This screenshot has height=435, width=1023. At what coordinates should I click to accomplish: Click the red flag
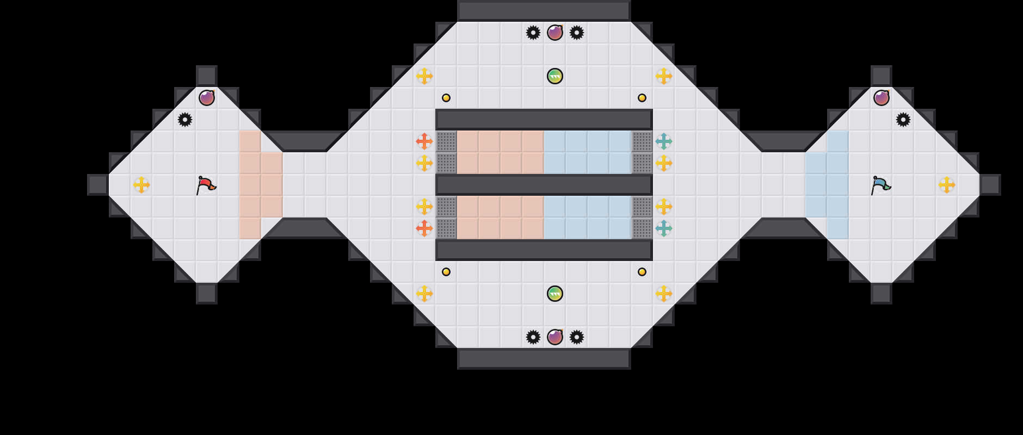tap(206, 185)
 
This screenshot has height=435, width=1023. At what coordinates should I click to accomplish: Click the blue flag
tap(880, 185)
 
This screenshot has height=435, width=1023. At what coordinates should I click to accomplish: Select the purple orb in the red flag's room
tap(207, 98)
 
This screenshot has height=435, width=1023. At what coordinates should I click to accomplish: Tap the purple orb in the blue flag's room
tap(882, 98)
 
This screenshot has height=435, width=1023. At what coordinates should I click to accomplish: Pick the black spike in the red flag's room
tap(185, 120)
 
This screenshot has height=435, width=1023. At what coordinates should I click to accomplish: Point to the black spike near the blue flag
tap(903, 120)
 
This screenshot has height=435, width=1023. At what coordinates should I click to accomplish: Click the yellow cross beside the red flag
tap(141, 185)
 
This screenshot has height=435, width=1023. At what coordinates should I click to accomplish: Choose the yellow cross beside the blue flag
tap(947, 185)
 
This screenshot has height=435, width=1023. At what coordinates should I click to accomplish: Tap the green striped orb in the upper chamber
tap(555, 76)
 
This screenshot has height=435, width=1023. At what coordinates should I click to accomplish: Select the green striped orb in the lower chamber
tap(555, 294)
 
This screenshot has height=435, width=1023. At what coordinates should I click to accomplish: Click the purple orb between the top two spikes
tap(555, 33)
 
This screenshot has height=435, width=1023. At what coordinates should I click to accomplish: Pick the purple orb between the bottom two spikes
tap(555, 337)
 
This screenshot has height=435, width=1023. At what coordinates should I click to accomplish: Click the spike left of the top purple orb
tap(533, 33)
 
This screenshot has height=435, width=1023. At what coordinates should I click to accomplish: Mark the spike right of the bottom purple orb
tap(577, 337)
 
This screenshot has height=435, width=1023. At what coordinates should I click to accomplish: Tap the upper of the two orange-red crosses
tap(424, 141)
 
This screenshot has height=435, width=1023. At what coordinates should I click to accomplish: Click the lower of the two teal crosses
tap(664, 228)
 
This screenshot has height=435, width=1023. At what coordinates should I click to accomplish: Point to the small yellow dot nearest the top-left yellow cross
tap(446, 98)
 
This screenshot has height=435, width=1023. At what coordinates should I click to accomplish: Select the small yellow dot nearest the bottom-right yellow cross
tap(642, 272)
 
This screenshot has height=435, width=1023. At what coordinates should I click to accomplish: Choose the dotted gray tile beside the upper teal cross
tap(642, 141)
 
